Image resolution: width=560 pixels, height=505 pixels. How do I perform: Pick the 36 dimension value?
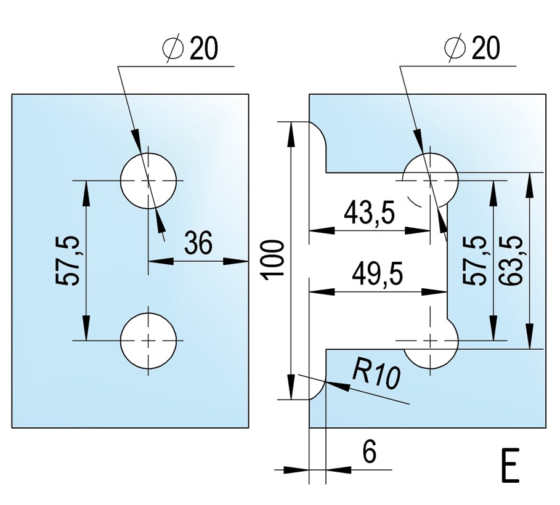[198, 243]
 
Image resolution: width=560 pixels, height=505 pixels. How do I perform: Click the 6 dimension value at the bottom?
[368, 452]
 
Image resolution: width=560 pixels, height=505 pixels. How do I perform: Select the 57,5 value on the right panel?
[476, 259]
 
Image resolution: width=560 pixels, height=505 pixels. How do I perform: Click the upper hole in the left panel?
[148, 180]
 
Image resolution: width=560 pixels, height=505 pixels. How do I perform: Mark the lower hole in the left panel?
[148, 340]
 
